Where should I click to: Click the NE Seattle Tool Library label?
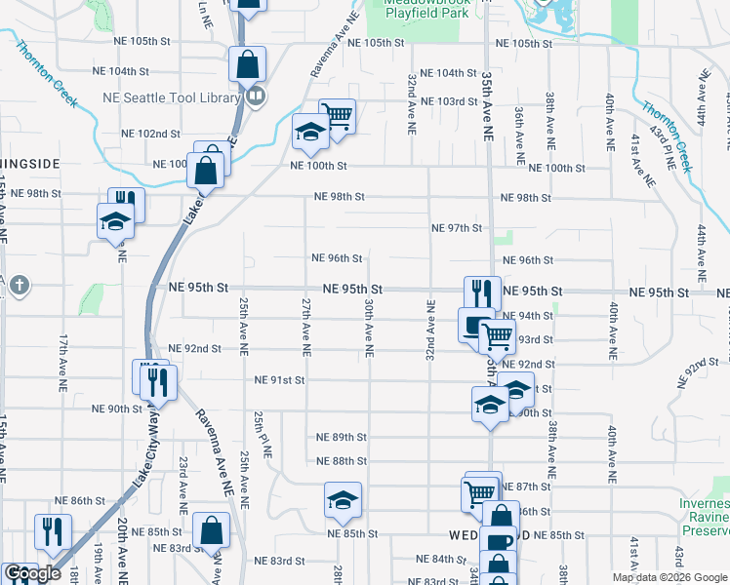171,97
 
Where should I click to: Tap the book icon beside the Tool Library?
256,96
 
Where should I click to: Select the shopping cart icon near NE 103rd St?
337,117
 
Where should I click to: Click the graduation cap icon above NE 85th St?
343,501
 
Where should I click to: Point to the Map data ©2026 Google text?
669,576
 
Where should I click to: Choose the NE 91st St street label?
280,380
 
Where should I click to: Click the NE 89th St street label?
342,438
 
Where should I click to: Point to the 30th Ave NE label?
370,327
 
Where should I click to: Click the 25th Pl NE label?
261,435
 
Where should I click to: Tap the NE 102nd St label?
150,134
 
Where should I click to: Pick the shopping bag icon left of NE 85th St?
211,531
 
